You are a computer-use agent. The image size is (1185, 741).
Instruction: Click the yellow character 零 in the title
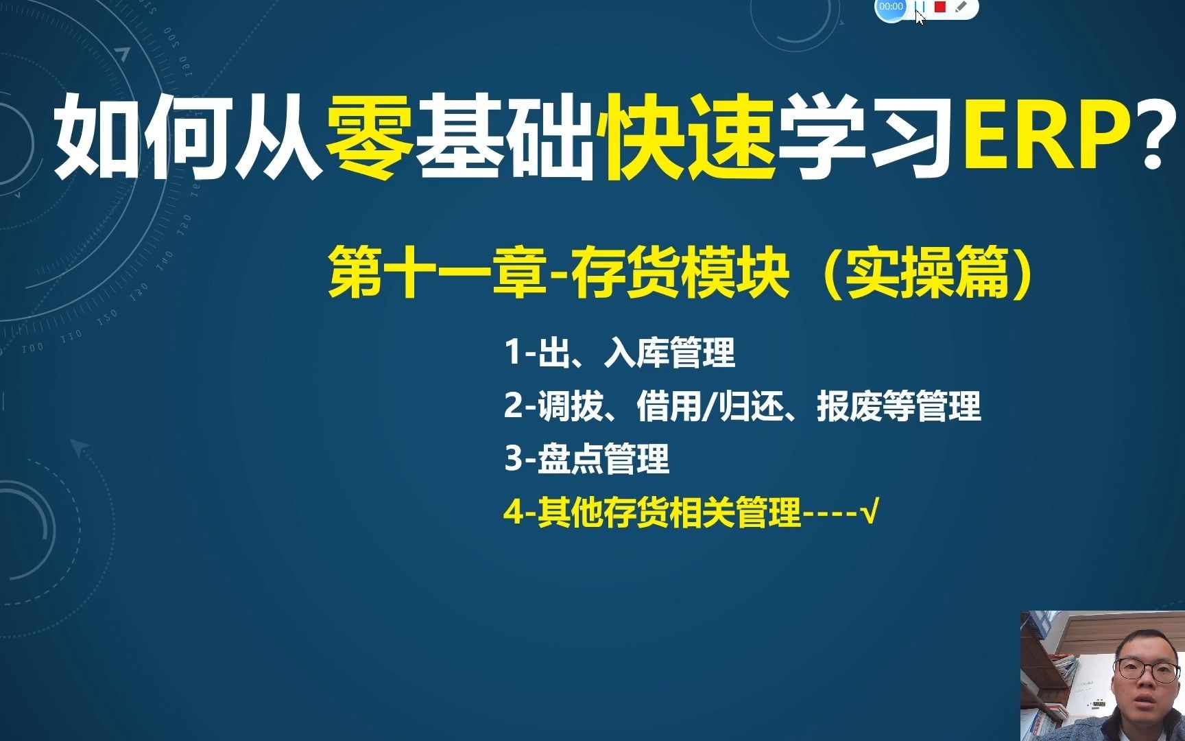370,135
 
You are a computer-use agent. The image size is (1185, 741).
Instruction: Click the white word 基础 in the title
506,135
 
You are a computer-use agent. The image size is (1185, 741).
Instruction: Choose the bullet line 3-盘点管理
587,459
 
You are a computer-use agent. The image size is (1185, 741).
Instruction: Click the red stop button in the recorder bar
940,7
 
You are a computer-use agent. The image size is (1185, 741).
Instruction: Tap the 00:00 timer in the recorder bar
891,7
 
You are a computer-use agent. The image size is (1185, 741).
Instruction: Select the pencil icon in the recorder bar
961,7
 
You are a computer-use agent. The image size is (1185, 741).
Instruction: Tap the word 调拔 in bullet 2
571,406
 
